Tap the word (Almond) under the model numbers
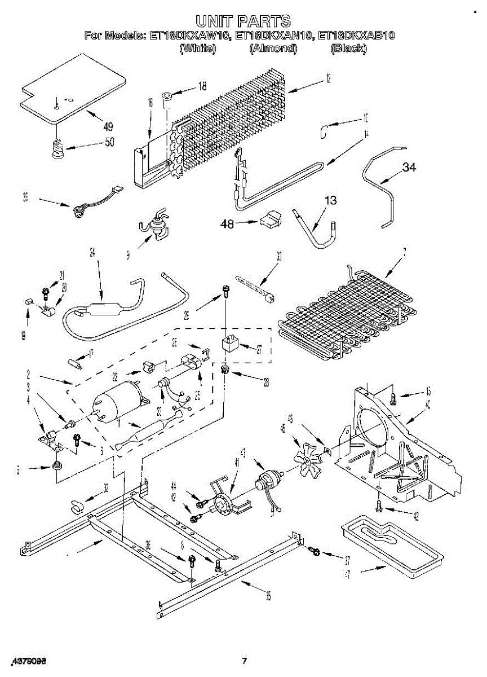coord(273,49)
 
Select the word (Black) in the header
coord(348,49)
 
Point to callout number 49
coord(108,126)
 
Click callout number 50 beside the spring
coord(109,142)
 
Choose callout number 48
coord(227,223)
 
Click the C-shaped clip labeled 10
coord(323,132)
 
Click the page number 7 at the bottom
coord(244,661)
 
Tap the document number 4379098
coord(29,661)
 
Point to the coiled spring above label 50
coord(56,148)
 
